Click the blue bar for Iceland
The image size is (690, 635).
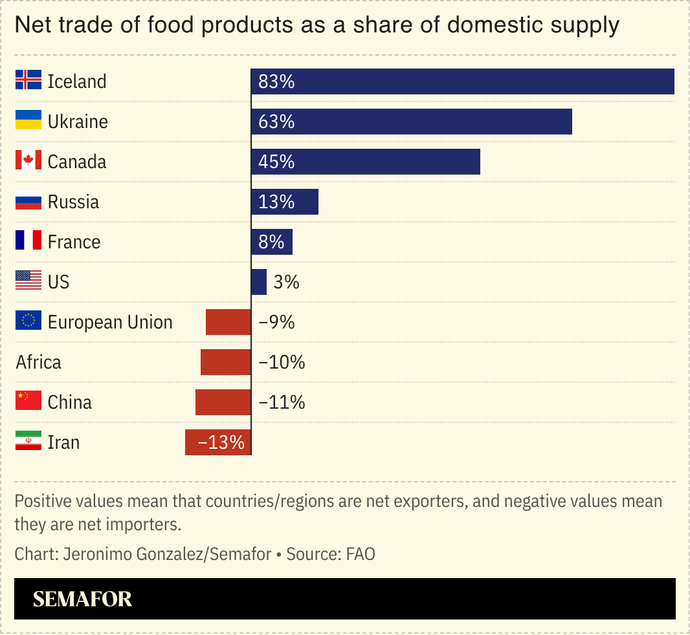click(x=463, y=81)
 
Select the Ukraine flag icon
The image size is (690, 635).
click(x=28, y=121)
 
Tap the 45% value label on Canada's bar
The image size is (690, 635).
click(x=276, y=162)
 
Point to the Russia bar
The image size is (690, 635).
click(x=285, y=202)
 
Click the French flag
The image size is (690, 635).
click(x=28, y=241)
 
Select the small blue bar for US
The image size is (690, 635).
click(x=259, y=282)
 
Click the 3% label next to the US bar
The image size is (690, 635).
click(x=286, y=282)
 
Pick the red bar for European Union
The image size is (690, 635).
click(x=228, y=322)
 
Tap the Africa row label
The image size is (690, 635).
click(x=38, y=362)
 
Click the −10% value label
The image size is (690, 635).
click(x=282, y=362)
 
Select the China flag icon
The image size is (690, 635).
click(x=28, y=402)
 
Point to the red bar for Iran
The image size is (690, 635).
click(x=218, y=442)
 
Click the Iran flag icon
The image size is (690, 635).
click(x=28, y=442)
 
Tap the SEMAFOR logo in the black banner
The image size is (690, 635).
click(x=82, y=599)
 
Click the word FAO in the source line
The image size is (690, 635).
click(x=361, y=554)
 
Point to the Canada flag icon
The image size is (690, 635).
click(x=28, y=161)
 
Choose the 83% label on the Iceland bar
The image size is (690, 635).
click(x=276, y=81)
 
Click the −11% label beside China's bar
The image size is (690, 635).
click(x=282, y=402)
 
